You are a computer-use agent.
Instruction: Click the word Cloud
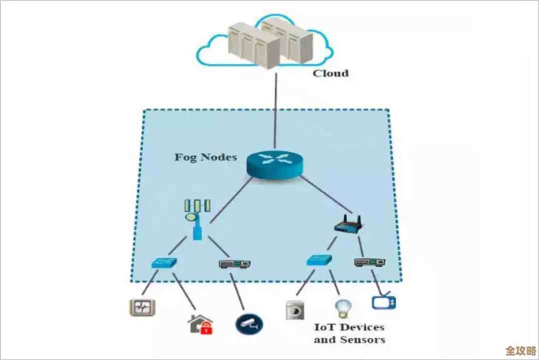(330, 73)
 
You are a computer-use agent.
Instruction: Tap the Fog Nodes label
(205, 157)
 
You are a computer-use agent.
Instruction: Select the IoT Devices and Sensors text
(349, 334)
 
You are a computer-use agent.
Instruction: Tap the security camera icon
(249, 324)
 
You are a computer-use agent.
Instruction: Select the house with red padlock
(200, 324)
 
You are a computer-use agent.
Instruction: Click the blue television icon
(384, 302)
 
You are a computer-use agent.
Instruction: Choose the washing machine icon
(294, 310)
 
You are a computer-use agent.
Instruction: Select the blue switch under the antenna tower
(165, 263)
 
